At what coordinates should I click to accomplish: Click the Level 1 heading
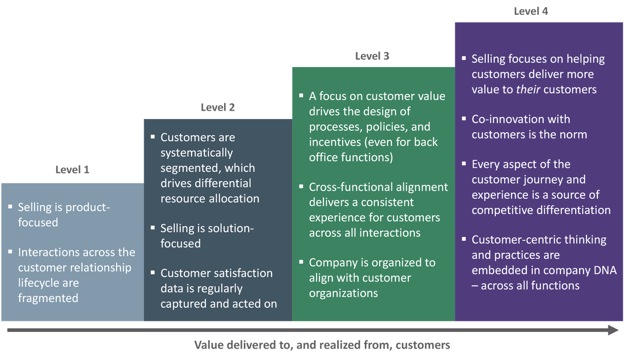pyautogui.click(x=72, y=169)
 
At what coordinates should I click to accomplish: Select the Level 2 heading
pyautogui.click(x=218, y=107)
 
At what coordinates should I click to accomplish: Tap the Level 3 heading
pyautogui.click(x=372, y=56)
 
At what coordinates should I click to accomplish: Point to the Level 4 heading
pyautogui.click(x=531, y=11)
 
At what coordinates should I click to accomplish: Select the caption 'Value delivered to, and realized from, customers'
pyautogui.click(x=322, y=345)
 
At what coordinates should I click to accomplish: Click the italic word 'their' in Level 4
pyautogui.click(x=529, y=89)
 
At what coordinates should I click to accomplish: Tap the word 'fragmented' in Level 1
pyautogui.click(x=48, y=298)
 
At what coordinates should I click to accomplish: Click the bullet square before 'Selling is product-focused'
pyautogui.click(x=10, y=206)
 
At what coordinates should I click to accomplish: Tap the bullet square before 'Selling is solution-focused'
pyautogui.click(x=153, y=227)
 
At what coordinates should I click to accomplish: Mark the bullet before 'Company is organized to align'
pyautogui.click(x=301, y=261)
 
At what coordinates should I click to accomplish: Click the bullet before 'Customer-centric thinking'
pyautogui.click(x=464, y=239)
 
